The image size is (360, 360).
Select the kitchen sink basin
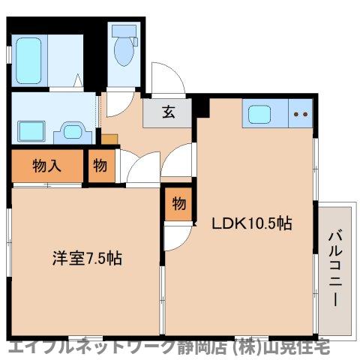click(x=261, y=115)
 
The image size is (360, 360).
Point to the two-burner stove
click(x=302, y=115)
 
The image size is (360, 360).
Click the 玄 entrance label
click(x=169, y=113)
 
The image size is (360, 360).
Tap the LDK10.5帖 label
click(x=250, y=223)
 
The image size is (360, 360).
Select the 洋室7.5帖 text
click(x=86, y=259)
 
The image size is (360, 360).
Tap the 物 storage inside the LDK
click(x=178, y=203)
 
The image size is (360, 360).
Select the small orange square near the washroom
click(x=109, y=139)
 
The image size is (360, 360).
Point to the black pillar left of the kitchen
click(x=200, y=106)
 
